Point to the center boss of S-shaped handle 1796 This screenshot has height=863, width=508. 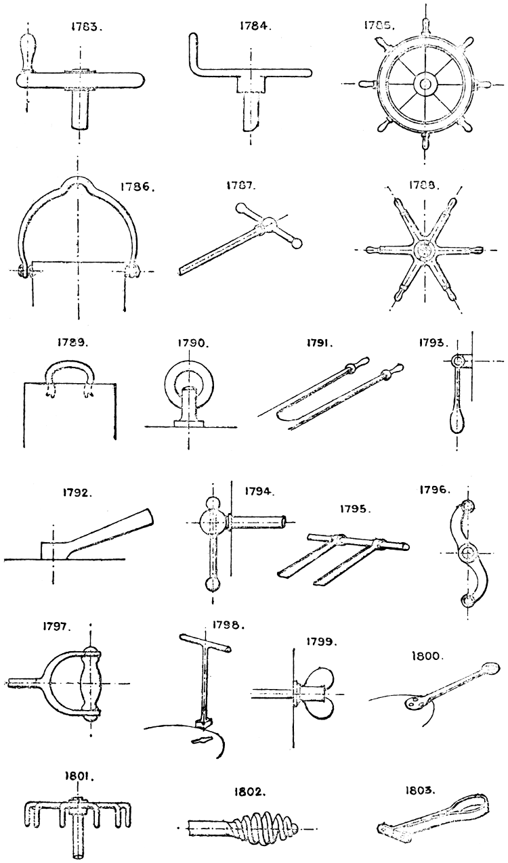tap(466, 553)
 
